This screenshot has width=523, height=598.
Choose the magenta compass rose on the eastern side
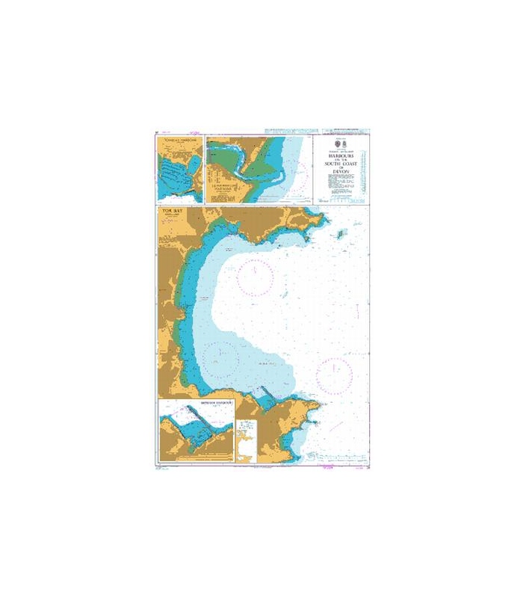(x=334, y=375)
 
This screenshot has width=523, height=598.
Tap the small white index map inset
(x=245, y=441)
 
